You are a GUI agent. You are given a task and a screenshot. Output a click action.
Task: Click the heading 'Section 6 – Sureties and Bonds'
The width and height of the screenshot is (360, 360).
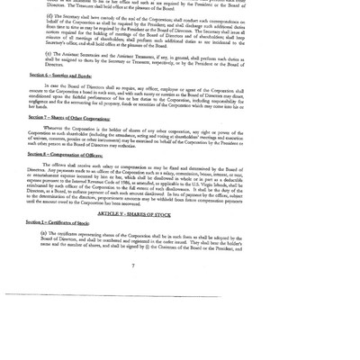(58, 74)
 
